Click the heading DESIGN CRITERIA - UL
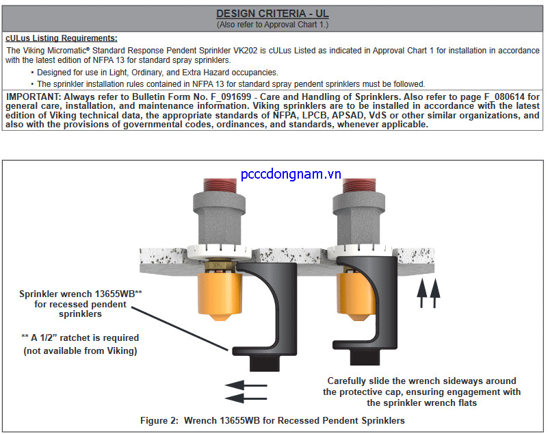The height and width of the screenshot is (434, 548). click(272, 14)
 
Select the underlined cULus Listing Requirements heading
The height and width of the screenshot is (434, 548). click(62, 38)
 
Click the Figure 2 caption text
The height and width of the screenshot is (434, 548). click(272, 420)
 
